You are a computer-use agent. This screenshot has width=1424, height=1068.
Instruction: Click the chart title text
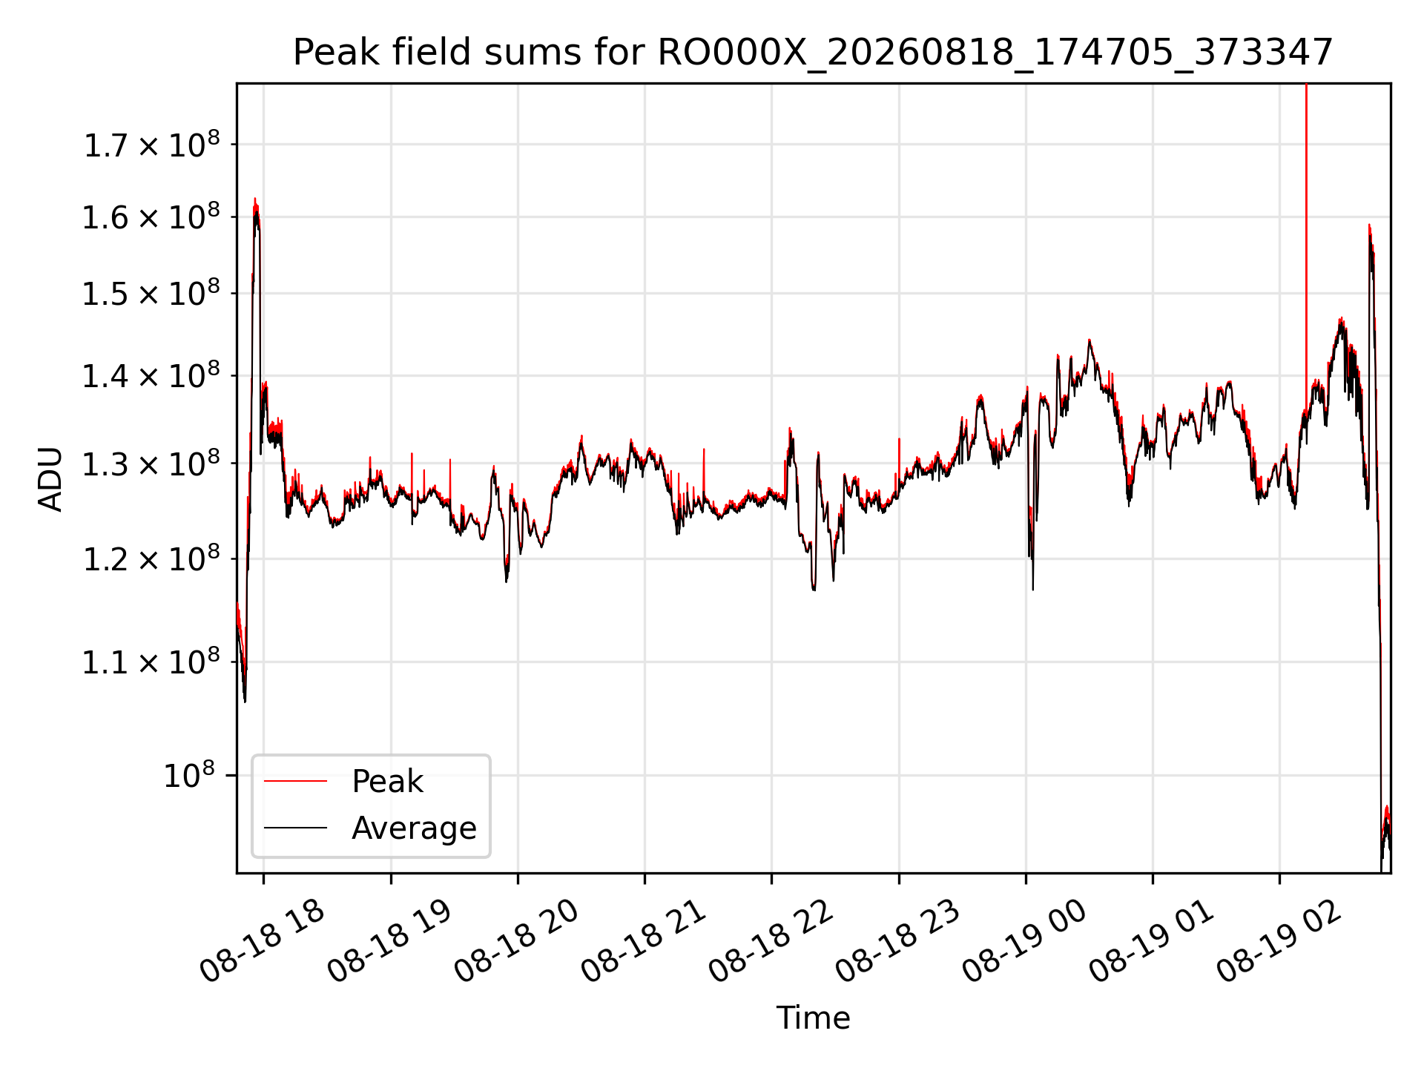point(813,53)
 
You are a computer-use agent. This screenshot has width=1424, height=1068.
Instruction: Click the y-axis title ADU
point(50,478)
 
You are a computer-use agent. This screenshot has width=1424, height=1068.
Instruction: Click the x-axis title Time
point(813,1018)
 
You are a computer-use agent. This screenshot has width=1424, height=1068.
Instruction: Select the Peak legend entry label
point(387,781)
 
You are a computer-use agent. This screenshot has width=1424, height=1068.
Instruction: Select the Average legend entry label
point(414,828)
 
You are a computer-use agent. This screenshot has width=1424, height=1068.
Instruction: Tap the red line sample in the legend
point(295,781)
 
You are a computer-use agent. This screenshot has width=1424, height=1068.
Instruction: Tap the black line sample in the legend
point(295,828)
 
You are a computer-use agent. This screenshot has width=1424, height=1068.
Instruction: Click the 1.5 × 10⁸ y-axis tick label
point(151,293)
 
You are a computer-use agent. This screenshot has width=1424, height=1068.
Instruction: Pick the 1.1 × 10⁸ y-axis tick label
point(151,661)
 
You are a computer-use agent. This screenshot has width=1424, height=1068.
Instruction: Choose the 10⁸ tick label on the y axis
point(188,775)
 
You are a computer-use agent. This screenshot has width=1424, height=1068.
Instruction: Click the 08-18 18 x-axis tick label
point(262,940)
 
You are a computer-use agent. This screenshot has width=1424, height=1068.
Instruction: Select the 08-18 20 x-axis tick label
point(516,940)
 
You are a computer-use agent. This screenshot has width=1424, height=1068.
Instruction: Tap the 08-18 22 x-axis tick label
point(771,940)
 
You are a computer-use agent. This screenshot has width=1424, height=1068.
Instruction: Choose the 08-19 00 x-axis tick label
point(1024,940)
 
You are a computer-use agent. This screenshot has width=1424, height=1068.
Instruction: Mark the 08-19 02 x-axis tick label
point(1279,940)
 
